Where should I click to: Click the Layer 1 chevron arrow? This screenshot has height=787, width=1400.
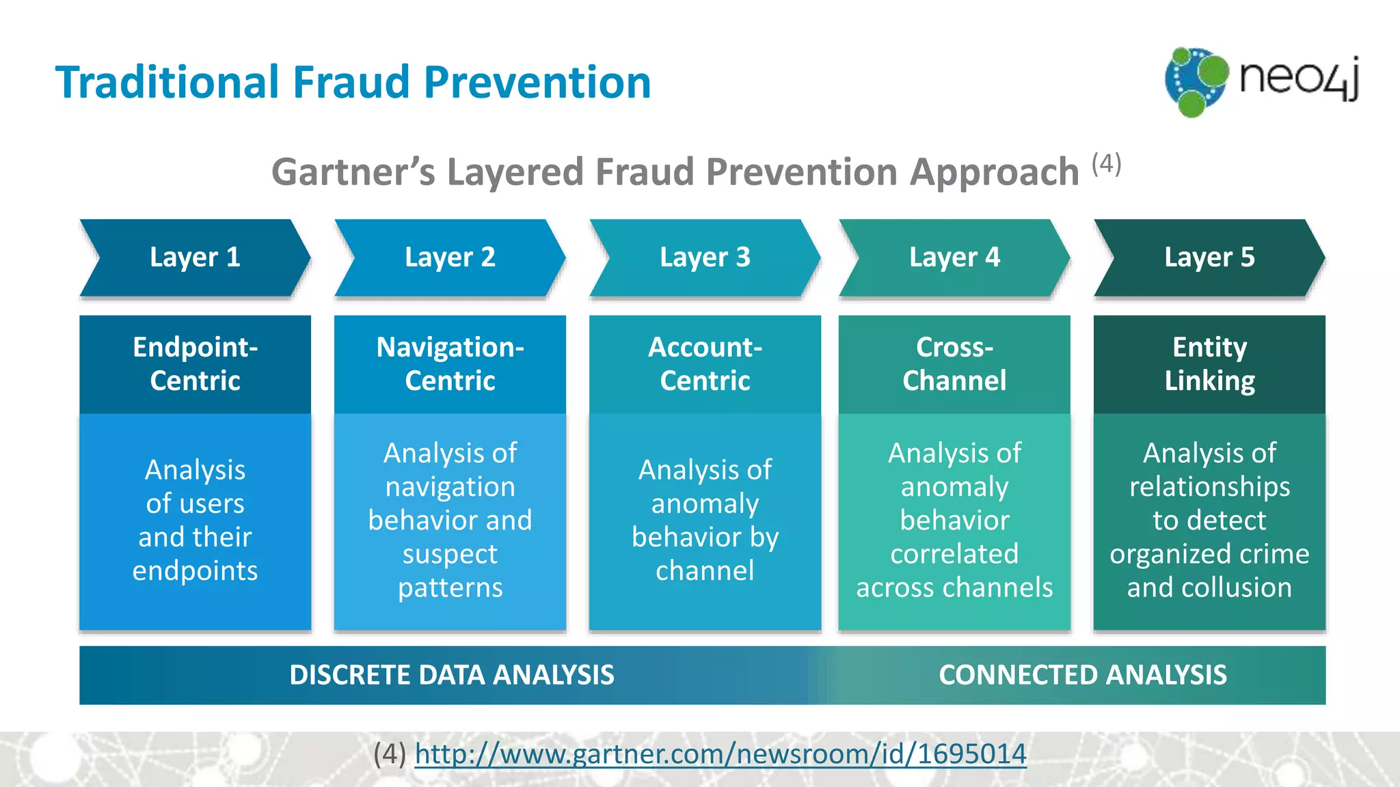[x=195, y=258]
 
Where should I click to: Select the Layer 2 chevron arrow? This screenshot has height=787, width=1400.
[x=450, y=258]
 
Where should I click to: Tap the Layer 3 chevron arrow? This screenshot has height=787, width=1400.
[x=705, y=258]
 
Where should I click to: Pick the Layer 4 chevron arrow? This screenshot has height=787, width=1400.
[x=954, y=258]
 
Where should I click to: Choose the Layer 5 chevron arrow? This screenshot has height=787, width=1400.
[x=1209, y=258]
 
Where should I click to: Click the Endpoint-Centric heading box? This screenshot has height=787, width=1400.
[x=195, y=364]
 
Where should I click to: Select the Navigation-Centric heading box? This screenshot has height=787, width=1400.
[x=450, y=364]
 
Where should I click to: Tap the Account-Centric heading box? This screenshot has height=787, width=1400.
[x=705, y=364]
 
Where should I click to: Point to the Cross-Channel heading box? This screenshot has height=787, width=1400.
[x=954, y=364]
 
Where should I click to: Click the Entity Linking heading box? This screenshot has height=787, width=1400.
[x=1209, y=364]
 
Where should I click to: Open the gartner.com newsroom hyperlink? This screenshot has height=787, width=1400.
[x=721, y=754]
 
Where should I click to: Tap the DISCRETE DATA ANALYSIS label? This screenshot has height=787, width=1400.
[x=452, y=675]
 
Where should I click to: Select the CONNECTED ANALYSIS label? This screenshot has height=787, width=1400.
[x=1083, y=675]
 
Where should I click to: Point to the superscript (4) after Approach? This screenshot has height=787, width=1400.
[x=1106, y=164]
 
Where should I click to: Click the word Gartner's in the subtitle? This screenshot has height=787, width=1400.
[x=353, y=172]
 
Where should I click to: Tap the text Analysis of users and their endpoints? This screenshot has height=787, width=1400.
[x=195, y=520]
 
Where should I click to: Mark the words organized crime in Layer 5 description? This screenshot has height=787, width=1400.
[x=1209, y=554]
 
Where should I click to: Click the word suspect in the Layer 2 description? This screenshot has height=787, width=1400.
[x=450, y=554]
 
